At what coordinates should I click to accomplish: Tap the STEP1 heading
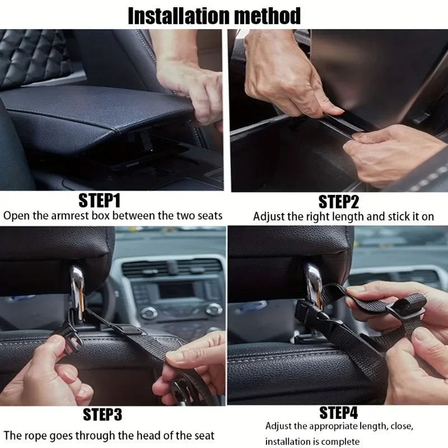point(99,200)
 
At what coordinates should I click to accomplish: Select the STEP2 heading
point(339,202)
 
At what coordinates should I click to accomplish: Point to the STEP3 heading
point(102,415)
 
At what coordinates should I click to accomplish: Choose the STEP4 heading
point(338,413)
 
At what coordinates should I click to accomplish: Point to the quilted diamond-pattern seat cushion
point(34,56)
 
